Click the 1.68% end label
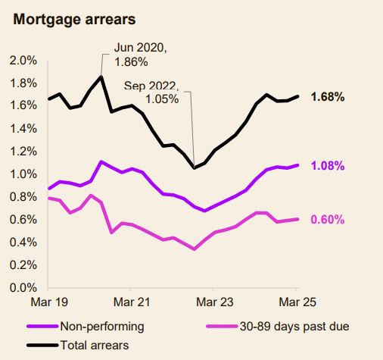[x=328, y=97]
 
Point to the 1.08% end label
[x=328, y=165]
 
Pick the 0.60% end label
[x=328, y=220]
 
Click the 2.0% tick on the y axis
[x=23, y=60]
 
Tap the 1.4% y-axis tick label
[x=23, y=129]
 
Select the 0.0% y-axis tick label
[x=23, y=288]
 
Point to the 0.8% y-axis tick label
[x=23, y=197]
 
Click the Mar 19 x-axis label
[x=48, y=302]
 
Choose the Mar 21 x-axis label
[x=131, y=302]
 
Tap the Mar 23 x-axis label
[x=213, y=302]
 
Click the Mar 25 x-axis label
[x=296, y=302]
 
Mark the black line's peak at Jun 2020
[x=101, y=77]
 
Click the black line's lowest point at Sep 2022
[x=194, y=168]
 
